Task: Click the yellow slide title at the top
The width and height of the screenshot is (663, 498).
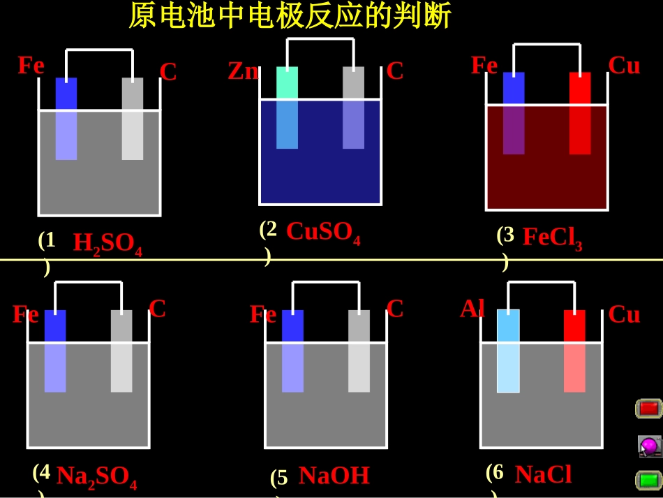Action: click(x=290, y=15)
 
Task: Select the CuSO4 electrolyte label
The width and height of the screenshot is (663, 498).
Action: click(x=323, y=233)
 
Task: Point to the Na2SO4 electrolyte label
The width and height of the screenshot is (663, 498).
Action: click(x=97, y=477)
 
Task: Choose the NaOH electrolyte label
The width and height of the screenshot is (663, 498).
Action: click(x=334, y=476)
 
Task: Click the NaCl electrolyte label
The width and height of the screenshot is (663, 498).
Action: click(x=544, y=474)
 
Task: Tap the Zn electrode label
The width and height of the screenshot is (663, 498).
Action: click(x=243, y=71)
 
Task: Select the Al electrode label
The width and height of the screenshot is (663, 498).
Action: click(x=472, y=309)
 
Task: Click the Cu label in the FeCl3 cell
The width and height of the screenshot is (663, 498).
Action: click(x=624, y=66)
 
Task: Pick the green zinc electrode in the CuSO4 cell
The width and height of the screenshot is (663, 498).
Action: click(x=287, y=108)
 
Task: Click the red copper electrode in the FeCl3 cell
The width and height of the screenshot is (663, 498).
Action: click(x=580, y=113)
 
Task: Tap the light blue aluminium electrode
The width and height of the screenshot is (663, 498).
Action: click(x=508, y=351)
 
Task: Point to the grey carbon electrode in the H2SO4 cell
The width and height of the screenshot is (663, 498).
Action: click(x=133, y=119)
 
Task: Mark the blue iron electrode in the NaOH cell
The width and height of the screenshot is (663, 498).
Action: click(x=292, y=351)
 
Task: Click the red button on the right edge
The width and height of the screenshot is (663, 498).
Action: click(x=648, y=409)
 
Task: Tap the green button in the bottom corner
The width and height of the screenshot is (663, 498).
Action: click(x=648, y=481)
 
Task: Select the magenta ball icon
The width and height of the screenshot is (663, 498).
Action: click(x=648, y=446)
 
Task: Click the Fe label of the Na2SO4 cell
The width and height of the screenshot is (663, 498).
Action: click(x=26, y=314)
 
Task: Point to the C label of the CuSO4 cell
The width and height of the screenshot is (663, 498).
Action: click(x=394, y=71)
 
